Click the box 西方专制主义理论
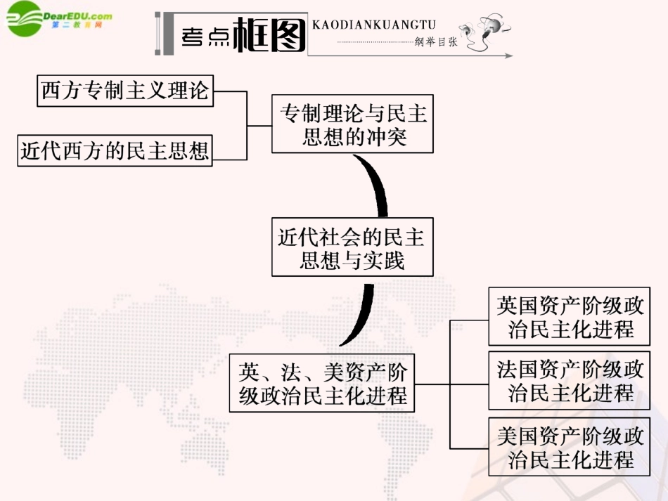(x=125, y=91)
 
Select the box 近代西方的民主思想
(x=115, y=150)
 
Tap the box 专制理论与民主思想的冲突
(x=353, y=124)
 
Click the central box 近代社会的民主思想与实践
(x=352, y=247)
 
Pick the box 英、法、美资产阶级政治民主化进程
(x=323, y=382)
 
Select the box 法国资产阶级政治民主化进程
(x=570, y=380)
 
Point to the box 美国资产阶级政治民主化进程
(x=570, y=448)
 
